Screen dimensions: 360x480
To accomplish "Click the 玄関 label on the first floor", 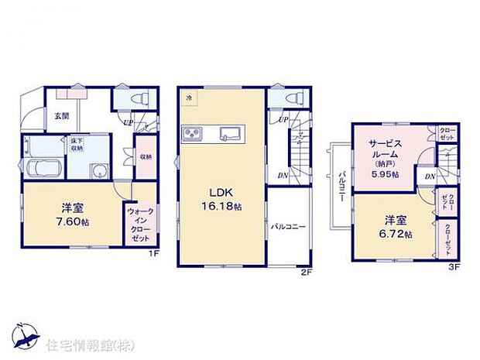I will tap(61, 117).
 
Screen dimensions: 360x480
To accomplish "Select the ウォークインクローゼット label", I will tap(139, 224).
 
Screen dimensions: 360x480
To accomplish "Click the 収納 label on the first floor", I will tap(145, 153).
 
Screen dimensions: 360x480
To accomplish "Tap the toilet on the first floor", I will tap(137, 99).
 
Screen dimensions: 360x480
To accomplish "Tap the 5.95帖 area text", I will tap(383, 175).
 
